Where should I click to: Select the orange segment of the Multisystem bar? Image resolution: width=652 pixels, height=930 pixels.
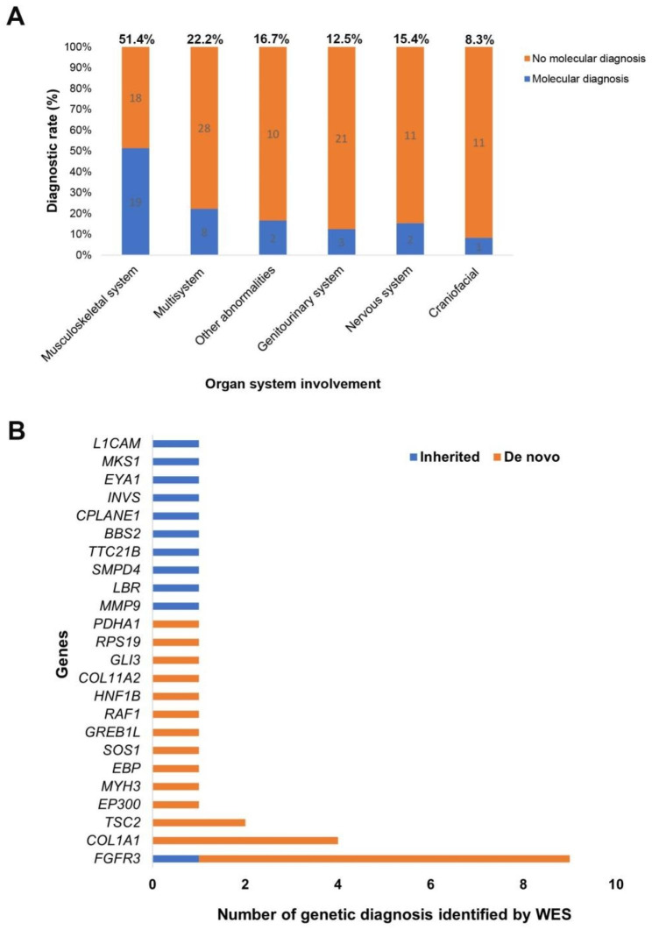coord(204,128)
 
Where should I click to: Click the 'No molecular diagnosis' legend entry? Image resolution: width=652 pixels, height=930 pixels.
coord(582,59)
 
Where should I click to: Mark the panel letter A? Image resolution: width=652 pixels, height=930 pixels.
coord(16,17)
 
